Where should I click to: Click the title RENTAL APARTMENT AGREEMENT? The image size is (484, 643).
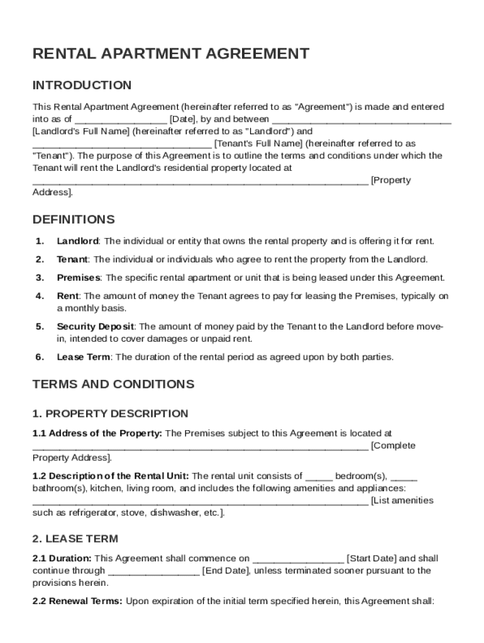pyautogui.click(x=171, y=54)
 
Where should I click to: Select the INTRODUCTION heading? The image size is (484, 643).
pyautogui.click(x=82, y=85)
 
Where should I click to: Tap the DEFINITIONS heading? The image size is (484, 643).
pyautogui.click(x=74, y=220)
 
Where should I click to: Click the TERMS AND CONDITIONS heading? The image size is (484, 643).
pyautogui.click(x=113, y=384)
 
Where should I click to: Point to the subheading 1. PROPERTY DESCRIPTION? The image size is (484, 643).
pyautogui.click(x=110, y=414)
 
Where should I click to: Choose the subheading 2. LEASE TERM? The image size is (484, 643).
pyautogui.click(x=75, y=539)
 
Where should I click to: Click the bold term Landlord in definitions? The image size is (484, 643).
pyautogui.click(x=77, y=241)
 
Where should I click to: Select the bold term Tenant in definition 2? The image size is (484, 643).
pyautogui.click(x=72, y=259)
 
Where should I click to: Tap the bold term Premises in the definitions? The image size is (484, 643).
pyautogui.click(x=79, y=278)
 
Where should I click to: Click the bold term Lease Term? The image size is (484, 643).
pyautogui.click(x=84, y=357)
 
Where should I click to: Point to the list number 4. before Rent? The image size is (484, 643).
pyautogui.click(x=40, y=296)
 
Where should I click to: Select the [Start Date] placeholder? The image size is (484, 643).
pyautogui.click(x=371, y=558)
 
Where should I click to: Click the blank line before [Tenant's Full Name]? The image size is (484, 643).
pyautogui.click(x=122, y=144)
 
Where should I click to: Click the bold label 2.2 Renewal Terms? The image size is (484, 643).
pyautogui.click(x=78, y=601)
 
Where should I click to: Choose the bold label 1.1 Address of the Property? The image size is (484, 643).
pyautogui.click(x=97, y=433)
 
